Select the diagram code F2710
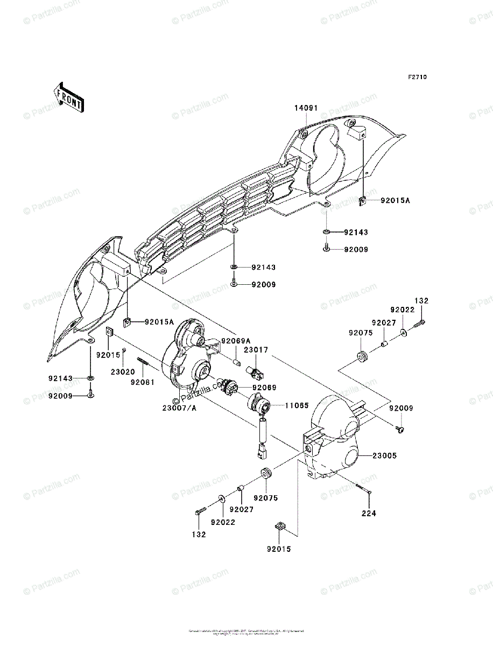tap(417, 78)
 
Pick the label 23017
tap(256, 350)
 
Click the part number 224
tap(369, 513)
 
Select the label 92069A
tap(235, 341)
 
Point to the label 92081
tap(140, 382)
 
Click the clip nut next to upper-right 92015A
tap(363, 201)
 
